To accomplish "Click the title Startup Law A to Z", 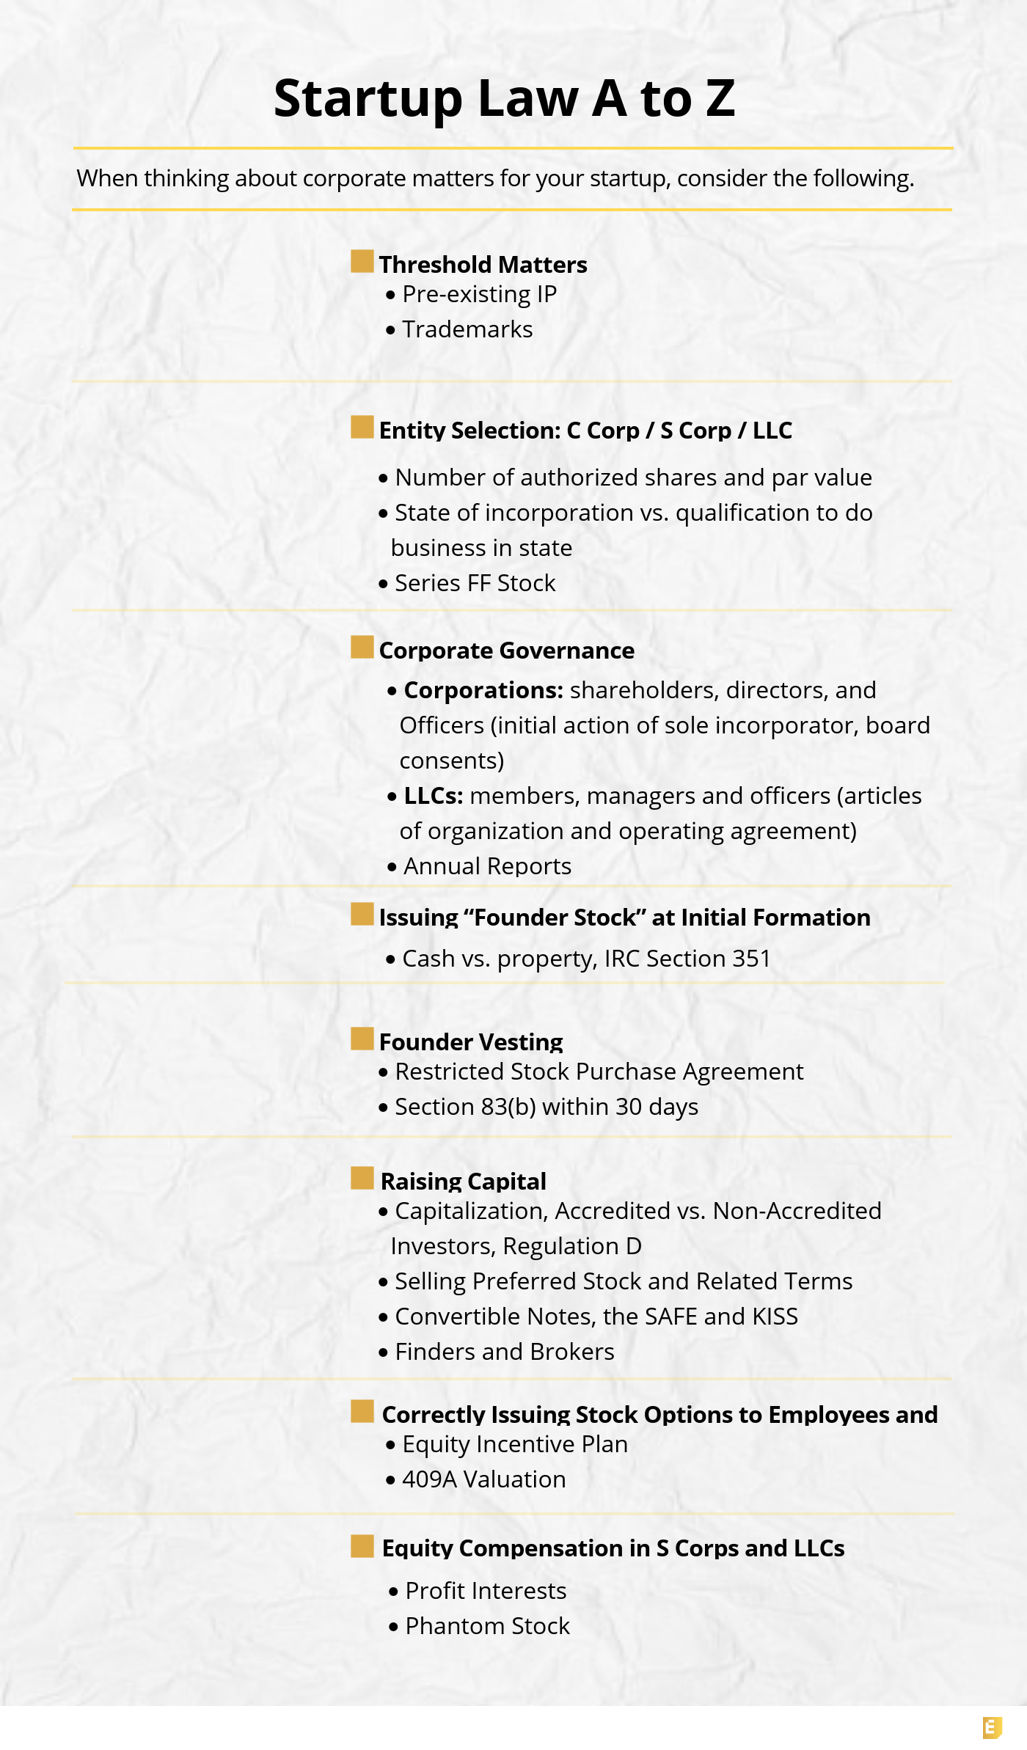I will [x=504, y=98].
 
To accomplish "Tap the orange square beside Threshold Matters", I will [x=362, y=261].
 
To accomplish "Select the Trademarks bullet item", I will [x=467, y=329].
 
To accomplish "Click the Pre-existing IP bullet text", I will [x=479, y=294].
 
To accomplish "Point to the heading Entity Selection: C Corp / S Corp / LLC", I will [x=585, y=431].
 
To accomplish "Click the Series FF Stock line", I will [x=475, y=583].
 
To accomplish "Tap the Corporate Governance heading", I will [x=506, y=651].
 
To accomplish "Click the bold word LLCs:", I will [x=433, y=796].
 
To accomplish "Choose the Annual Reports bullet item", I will [x=487, y=866].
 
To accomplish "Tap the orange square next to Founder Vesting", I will [x=362, y=1039].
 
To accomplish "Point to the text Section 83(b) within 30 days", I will [x=546, y=1107].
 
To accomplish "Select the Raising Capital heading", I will [x=463, y=1182].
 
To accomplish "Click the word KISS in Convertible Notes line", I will [x=775, y=1317].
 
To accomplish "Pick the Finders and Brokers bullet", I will [x=504, y=1352].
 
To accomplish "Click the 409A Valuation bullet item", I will [x=483, y=1479].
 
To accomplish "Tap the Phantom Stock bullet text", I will [x=487, y=1626].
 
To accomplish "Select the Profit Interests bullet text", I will [x=486, y=1591].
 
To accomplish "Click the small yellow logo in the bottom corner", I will [x=992, y=1728].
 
